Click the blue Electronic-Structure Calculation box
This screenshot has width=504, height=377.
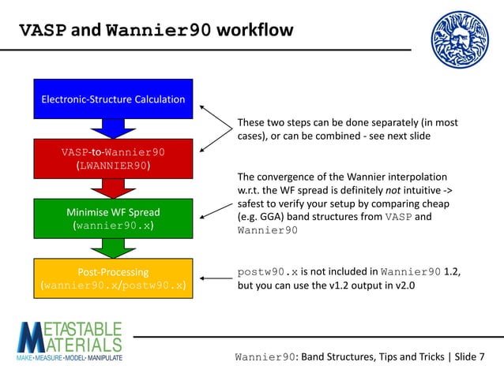point(113,99)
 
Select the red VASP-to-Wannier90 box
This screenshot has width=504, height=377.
point(113,158)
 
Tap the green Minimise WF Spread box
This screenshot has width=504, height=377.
point(113,218)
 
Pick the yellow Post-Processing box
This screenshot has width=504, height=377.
point(113,278)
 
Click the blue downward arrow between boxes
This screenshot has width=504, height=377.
point(113,128)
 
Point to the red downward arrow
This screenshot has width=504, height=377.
point(113,188)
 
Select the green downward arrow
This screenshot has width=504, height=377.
point(113,248)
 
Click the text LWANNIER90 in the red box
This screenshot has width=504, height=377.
point(113,166)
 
